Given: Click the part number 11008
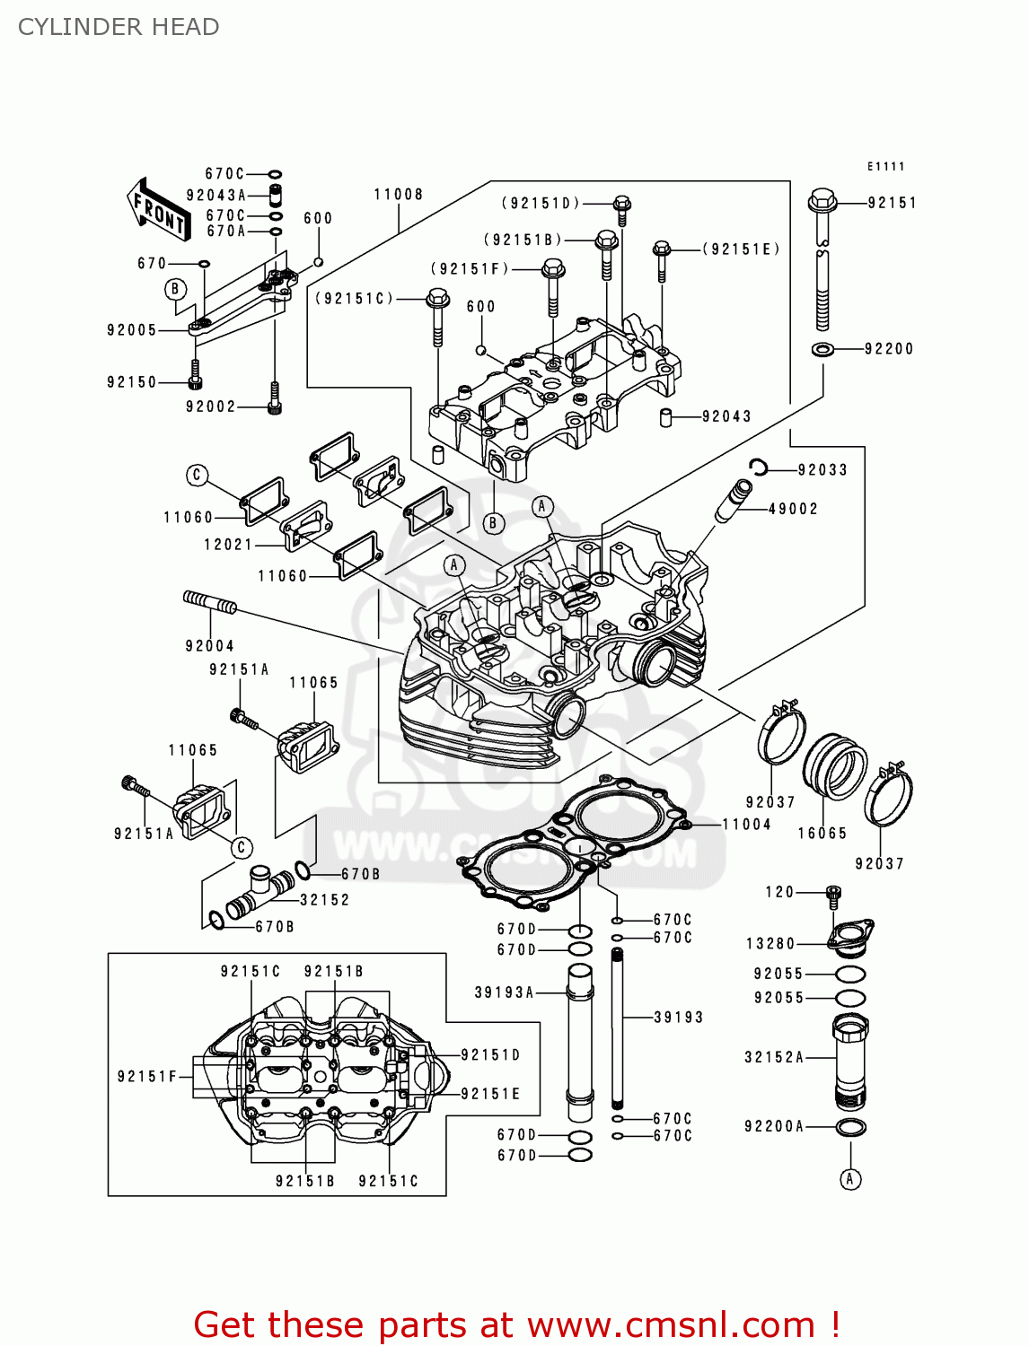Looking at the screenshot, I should (x=398, y=194).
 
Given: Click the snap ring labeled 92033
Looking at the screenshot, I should (x=759, y=467).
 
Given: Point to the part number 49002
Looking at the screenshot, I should (x=793, y=509).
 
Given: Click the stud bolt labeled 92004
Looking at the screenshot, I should (x=209, y=603).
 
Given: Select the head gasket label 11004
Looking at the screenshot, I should (x=746, y=824).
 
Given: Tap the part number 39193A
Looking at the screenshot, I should (x=504, y=992).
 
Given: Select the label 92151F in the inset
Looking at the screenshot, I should (x=147, y=1076).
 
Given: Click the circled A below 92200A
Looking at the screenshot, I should (x=850, y=1179).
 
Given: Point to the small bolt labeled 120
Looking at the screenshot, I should (x=832, y=896).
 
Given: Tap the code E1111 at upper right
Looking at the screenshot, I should (x=885, y=166).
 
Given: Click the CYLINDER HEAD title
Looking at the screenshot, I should (x=119, y=27).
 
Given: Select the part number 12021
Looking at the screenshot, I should (x=228, y=544).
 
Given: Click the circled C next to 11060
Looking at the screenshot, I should (x=198, y=476).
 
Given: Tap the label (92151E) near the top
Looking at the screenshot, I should (x=741, y=249).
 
